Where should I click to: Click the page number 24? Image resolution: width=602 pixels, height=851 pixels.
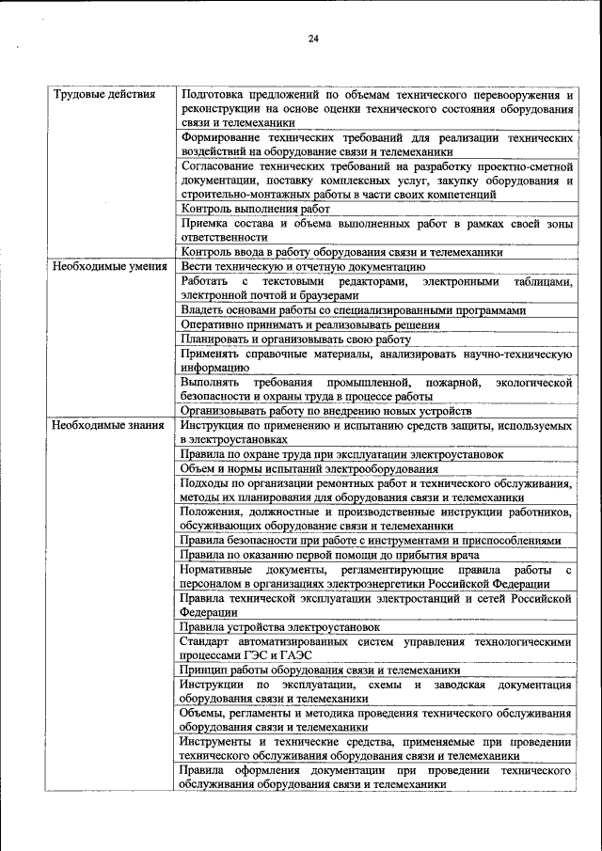coord(313,38)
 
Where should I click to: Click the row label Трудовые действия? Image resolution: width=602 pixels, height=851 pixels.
coord(103,95)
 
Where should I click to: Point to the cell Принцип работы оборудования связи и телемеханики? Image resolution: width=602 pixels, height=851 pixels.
coord(320,670)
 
